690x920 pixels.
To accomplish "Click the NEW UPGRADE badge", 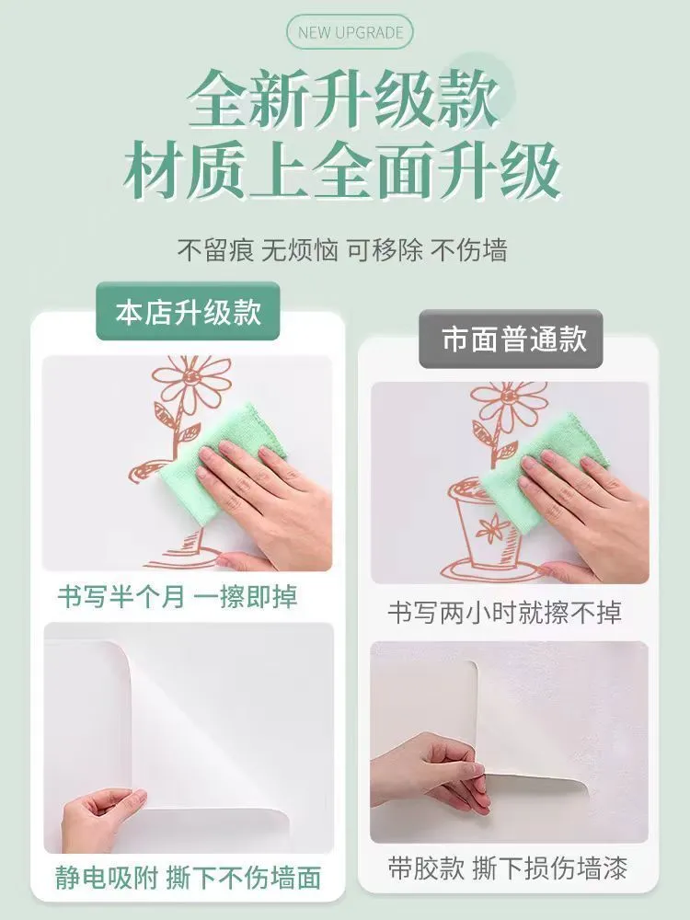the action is click(350, 31).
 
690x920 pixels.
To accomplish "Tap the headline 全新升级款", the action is click(344, 98).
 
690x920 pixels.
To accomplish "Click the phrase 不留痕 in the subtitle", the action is click(215, 250).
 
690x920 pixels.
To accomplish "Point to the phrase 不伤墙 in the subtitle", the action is click(469, 250).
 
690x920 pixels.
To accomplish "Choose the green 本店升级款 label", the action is click(188, 311).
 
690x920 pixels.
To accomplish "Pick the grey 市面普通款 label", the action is click(511, 339).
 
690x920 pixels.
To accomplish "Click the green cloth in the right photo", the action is click(537, 469).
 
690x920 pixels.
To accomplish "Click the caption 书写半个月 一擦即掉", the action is click(178, 597).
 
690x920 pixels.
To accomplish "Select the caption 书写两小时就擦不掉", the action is click(504, 613).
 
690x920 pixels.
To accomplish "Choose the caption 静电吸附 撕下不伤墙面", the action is click(189, 878).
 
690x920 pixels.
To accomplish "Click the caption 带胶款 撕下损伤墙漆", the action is click(508, 868).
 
